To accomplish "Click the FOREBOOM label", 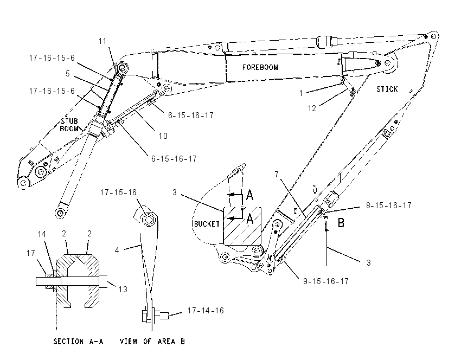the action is point(260,67).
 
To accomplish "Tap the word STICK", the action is point(387,89).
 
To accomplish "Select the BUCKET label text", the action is point(207,224).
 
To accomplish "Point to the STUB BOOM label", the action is point(69,125).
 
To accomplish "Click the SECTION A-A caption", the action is point(78,341).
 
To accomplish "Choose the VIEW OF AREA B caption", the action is point(152,341).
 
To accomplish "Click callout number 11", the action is point(103,41).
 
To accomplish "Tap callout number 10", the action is point(163,136).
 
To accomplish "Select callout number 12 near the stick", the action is point(312,108).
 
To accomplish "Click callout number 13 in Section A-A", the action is point(123,290).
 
